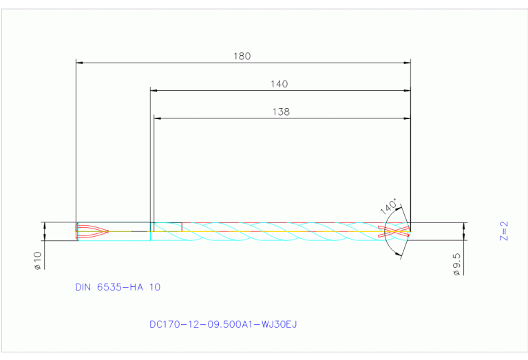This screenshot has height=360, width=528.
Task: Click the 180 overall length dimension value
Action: tap(242, 56)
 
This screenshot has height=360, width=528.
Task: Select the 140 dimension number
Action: tap(279, 84)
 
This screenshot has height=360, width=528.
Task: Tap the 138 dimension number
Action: tap(281, 112)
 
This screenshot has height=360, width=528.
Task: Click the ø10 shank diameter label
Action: tap(38, 260)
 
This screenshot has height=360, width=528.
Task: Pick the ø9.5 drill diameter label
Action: tap(456, 264)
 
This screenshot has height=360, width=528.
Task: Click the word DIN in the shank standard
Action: tap(86, 287)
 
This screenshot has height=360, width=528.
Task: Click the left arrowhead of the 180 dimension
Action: tap(79, 63)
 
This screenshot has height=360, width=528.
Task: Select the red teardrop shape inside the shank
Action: tap(92, 231)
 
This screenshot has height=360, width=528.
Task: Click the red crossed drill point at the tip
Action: tap(398, 231)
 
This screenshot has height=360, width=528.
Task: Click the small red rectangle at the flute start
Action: tap(167, 226)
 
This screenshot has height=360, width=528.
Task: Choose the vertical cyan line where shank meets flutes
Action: tap(151, 231)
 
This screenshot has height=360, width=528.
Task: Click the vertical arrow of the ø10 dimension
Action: tap(45, 231)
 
